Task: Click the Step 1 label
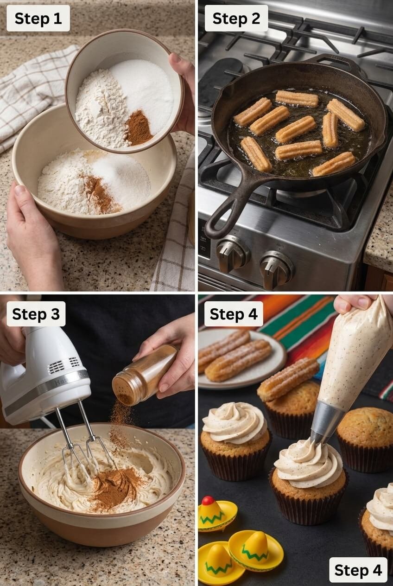pyautogui.click(x=38, y=19)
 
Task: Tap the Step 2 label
pyautogui.click(x=236, y=19)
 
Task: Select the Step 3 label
pyautogui.click(x=36, y=314)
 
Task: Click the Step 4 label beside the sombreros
pyautogui.click(x=358, y=570)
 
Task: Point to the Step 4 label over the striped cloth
pyautogui.click(x=233, y=314)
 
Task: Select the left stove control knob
pyautogui.click(x=231, y=255)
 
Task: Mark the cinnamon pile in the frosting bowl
pyautogui.click(x=114, y=487)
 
